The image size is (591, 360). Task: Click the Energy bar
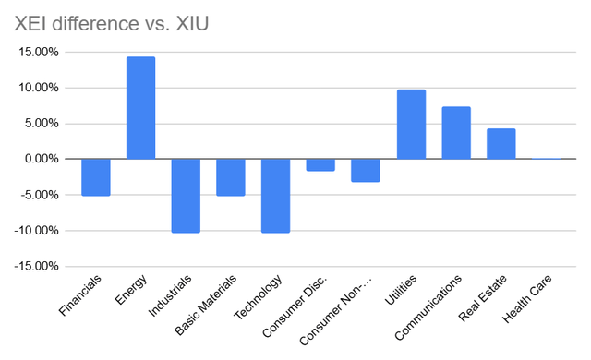tap(140, 108)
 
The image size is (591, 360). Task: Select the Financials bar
tap(95, 177)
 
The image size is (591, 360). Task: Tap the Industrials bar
tap(186, 195)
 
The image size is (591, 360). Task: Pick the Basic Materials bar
tap(231, 177)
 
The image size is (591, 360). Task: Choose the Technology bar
tap(275, 195)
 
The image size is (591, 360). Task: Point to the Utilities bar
tap(411, 125)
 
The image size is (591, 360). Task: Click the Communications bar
tap(456, 133)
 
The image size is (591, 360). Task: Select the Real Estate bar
tap(501, 144)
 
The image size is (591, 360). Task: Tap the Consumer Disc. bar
tap(320, 165)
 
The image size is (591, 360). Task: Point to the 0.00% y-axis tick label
tap(39, 159)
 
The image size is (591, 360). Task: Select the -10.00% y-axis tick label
tap(33, 231)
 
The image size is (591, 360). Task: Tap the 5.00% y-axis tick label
tap(39, 124)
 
